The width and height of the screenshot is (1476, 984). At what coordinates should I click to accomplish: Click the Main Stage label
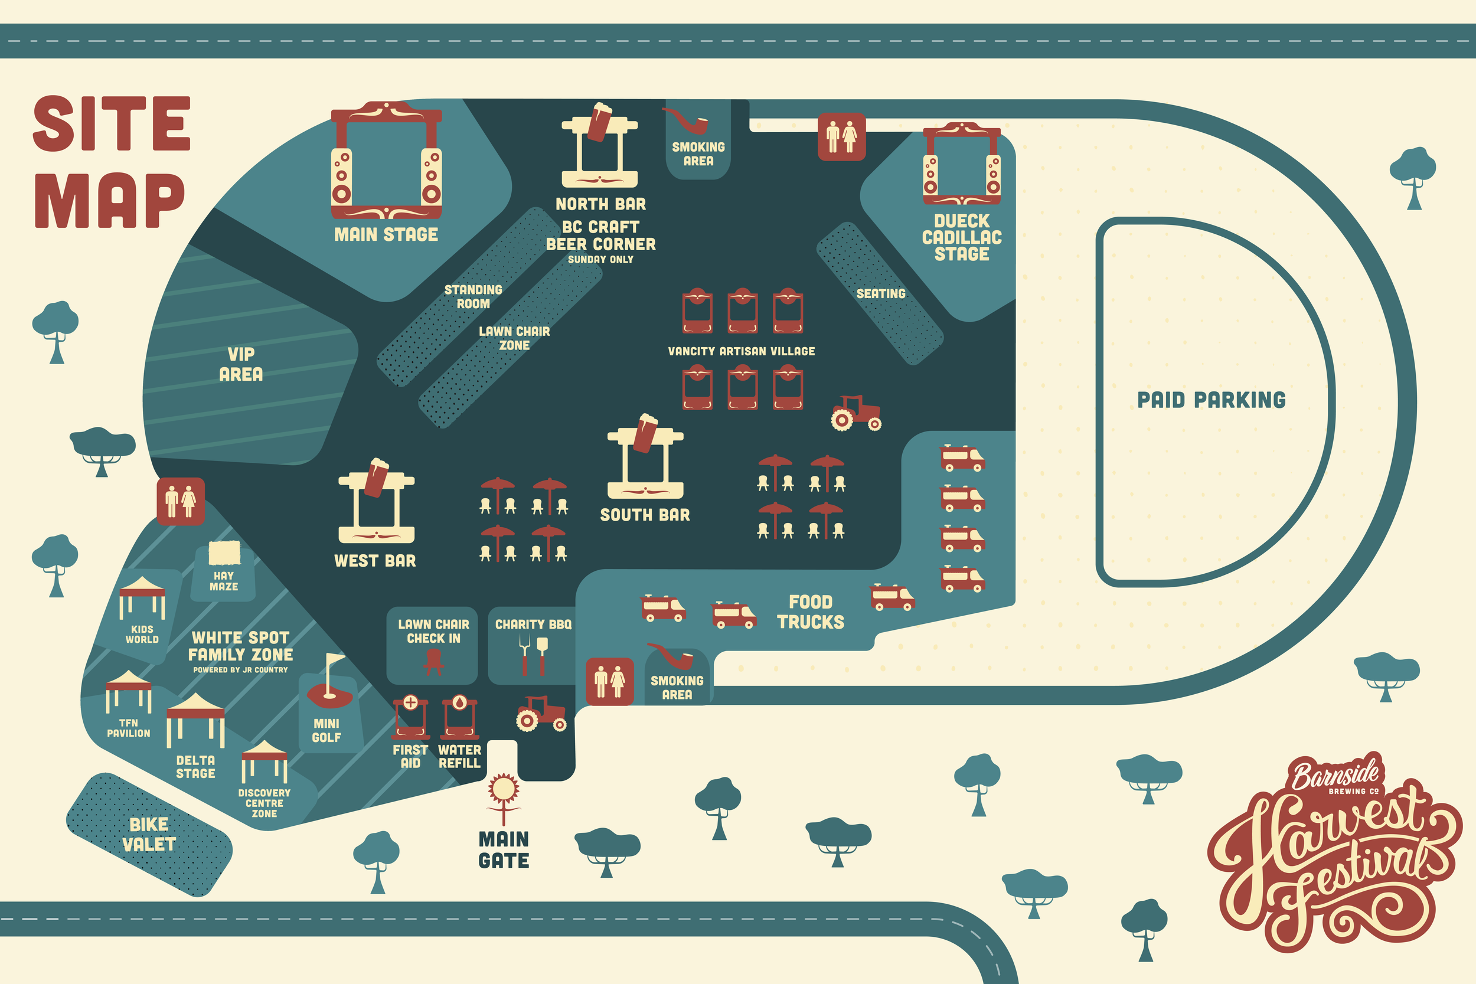[386, 235]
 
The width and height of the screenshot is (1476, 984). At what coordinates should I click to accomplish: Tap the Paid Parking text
[1211, 400]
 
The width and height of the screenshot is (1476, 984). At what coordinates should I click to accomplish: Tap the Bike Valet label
[149, 834]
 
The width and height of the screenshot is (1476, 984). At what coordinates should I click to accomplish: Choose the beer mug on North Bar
[599, 122]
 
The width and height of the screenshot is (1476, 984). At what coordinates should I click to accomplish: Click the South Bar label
[645, 515]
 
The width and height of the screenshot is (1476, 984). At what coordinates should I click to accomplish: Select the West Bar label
[375, 561]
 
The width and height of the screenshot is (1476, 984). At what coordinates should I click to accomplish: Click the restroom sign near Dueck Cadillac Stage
[841, 137]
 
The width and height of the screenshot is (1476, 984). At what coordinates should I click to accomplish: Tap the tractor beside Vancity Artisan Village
[857, 413]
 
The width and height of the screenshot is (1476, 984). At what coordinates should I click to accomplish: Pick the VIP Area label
[241, 364]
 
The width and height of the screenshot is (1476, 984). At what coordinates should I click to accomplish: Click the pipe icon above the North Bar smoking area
[687, 120]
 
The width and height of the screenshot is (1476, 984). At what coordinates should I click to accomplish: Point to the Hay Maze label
[223, 581]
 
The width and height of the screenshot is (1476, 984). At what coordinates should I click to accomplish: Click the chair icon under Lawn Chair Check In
[433, 662]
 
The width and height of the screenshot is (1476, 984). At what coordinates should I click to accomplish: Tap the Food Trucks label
[811, 612]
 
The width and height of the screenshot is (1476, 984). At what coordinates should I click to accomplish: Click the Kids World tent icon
[142, 597]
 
